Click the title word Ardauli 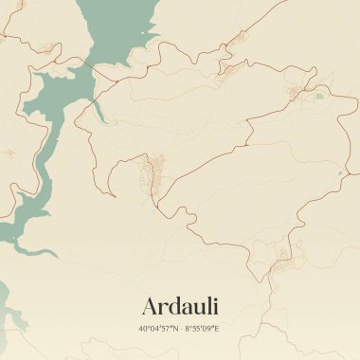179,307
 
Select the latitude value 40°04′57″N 156,329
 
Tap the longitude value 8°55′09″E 202,329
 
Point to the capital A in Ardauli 150,307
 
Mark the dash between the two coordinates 179,329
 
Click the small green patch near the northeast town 318,95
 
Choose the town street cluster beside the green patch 301,92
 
